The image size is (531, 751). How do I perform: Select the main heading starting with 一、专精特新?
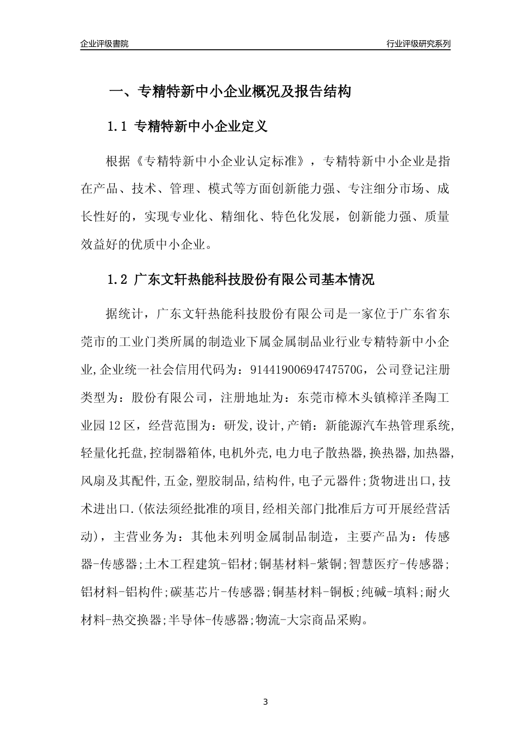pos(229,92)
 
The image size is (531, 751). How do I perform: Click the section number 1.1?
pos(118,127)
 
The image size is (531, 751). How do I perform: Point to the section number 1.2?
pos(118,280)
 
